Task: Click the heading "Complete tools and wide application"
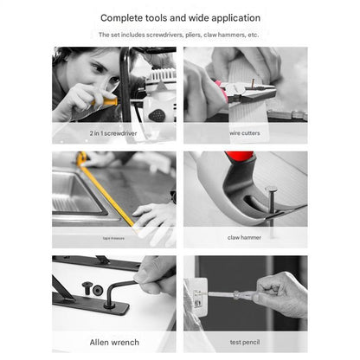click(x=180, y=17)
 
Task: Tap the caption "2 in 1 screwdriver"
click(x=114, y=133)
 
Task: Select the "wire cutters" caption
click(x=245, y=133)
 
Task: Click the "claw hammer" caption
click(x=245, y=236)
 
